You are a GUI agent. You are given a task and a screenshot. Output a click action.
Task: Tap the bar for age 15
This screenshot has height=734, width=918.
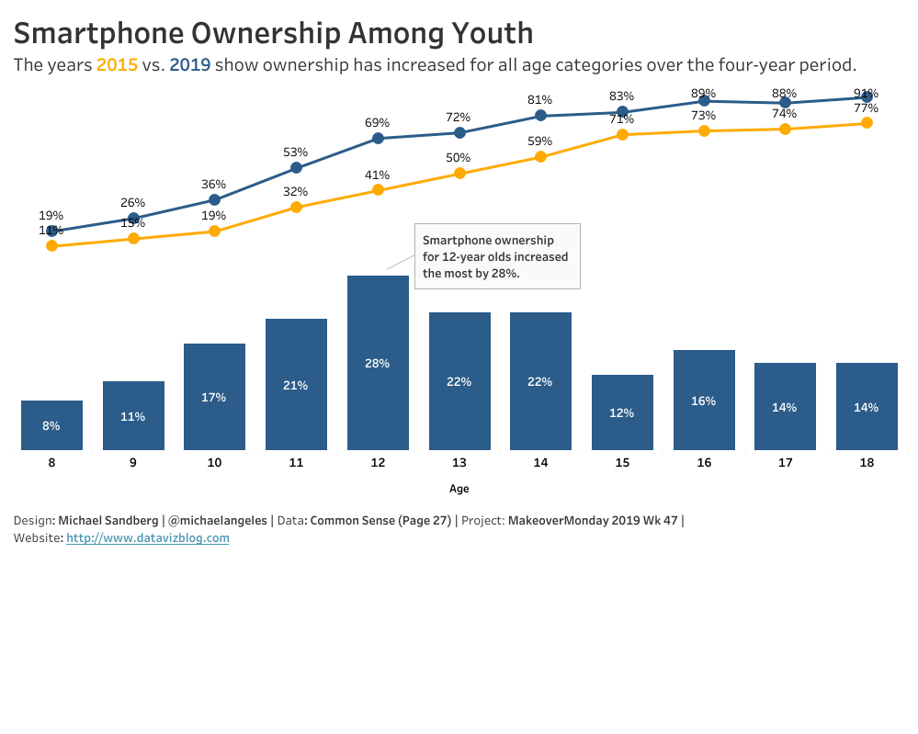(x=622, y=412)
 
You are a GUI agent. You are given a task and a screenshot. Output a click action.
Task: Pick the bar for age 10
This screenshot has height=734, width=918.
(x=214, y=397)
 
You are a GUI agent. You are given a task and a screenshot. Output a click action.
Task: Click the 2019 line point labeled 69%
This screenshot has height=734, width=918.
(x=378, y=139)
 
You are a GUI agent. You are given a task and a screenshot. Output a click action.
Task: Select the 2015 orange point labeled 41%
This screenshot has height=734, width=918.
(x=378, y=190)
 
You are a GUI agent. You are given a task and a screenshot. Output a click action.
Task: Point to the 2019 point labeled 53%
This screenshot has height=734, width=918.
(x=296, y=168)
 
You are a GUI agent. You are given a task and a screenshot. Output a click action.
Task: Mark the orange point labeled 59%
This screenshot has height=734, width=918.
(x=540, y=157)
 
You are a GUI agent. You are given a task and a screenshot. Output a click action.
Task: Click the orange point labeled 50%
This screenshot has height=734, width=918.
(x=459, y=173)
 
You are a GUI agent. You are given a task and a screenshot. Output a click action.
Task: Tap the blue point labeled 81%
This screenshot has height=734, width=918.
(x=540, y=116)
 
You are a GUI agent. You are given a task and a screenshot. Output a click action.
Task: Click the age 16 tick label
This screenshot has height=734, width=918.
(x=704, y=463)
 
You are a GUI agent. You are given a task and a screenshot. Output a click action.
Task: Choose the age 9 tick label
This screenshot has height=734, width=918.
(x=133, y=463)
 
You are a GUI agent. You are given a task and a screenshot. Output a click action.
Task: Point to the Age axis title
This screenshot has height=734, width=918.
(x=459, y=489)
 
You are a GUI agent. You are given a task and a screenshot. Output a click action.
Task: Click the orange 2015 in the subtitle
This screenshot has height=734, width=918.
(x=117, y=65)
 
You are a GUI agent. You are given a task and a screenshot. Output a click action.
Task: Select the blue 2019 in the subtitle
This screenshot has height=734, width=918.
(x=190, y=65)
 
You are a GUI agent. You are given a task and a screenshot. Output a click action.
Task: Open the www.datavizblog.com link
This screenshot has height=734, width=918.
(x=147, y=538)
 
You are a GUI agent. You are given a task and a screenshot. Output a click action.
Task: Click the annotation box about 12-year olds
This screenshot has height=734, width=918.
(x=497, y=256)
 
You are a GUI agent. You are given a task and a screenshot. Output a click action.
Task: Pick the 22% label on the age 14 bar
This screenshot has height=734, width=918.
(x=540, y=381)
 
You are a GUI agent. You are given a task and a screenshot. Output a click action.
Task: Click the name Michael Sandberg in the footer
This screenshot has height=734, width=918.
(x=108, y=521)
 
